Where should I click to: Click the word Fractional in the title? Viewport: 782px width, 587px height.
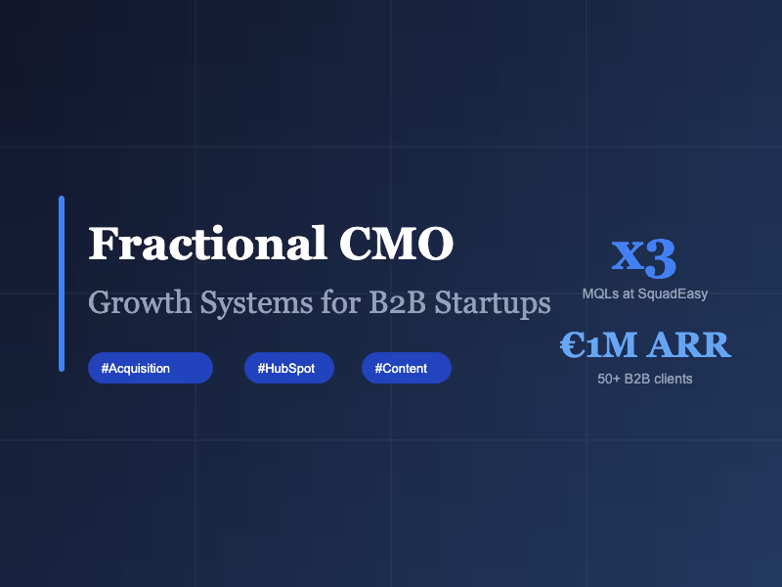point(206,244)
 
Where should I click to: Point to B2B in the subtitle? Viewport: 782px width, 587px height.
point(399,302)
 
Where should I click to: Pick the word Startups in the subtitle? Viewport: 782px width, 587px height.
point(493,302)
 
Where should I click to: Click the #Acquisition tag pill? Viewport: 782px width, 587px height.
point(150,368)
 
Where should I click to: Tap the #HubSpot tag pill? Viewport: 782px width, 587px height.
point(288,368)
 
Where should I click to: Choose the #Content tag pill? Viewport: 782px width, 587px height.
point(406,368)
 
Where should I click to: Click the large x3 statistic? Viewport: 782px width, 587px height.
point(644,257)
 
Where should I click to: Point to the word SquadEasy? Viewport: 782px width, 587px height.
point(674,293)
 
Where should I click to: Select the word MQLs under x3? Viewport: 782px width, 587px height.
point(599,293)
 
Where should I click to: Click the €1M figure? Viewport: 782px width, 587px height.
point(599,344)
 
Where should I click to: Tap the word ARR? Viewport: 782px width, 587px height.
point(689,344)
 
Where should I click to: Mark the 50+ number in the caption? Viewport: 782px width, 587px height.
point(608,379)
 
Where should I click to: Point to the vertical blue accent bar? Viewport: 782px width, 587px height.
point(62,284)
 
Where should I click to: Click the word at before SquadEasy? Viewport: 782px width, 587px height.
point(630,293)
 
